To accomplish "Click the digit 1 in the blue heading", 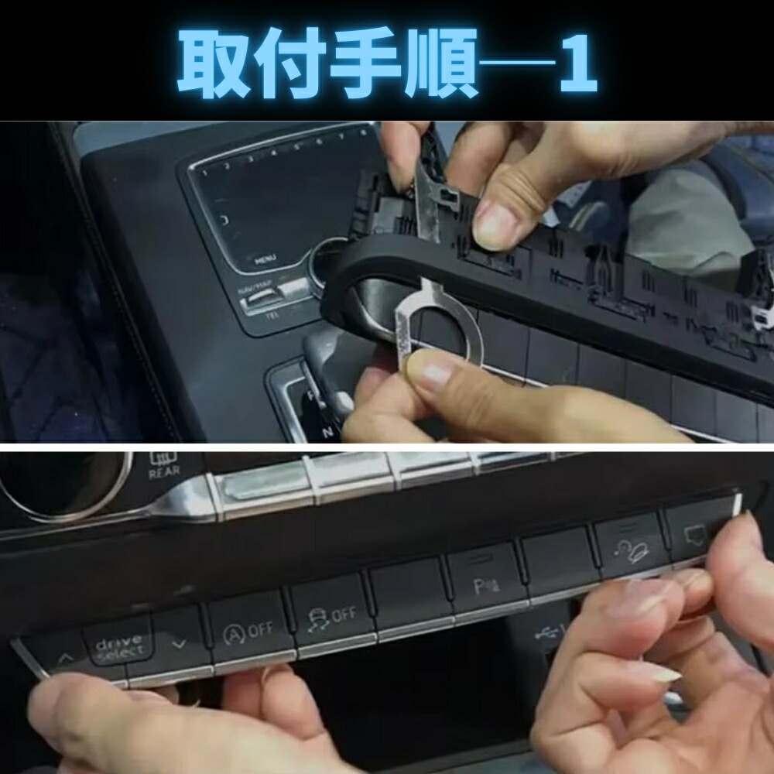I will [x=575, y=63].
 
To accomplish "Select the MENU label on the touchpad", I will [x=266, y=259].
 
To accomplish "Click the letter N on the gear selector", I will [x=308, y=430].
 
